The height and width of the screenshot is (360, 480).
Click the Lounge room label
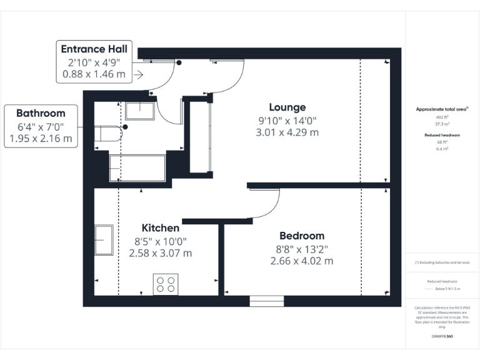287,107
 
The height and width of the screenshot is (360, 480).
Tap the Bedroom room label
302,236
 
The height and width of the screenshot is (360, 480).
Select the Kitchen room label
161,227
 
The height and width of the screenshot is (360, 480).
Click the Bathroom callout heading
41,113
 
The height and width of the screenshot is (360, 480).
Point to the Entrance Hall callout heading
94,49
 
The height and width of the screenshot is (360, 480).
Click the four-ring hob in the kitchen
166,284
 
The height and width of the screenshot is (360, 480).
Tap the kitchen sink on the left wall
103,241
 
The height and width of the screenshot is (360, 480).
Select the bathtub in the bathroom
137,168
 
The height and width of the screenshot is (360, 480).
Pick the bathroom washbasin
144,111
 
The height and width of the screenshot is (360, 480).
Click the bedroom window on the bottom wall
262,301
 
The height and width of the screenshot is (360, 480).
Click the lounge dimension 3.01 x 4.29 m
287,132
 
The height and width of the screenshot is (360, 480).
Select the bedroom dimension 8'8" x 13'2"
302,249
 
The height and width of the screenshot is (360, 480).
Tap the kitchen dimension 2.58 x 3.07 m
161,254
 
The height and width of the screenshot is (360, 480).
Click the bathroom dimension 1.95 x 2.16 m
41,138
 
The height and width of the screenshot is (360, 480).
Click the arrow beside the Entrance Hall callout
138,75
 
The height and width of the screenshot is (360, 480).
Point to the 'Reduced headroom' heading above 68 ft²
442,135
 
